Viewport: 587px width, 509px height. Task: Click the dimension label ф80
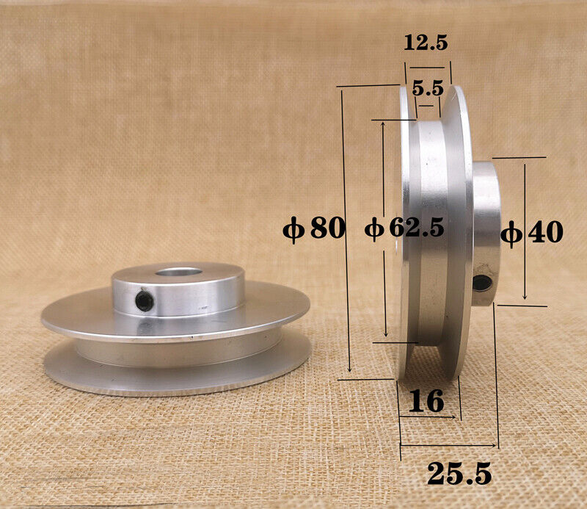click(314, 229)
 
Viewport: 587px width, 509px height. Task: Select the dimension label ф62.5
click(404, 229)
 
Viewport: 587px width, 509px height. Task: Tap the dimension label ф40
click(532, 234)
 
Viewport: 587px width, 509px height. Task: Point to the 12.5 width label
click(426, 43)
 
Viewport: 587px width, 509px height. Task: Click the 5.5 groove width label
click(427, 89)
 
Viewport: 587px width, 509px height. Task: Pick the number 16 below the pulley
click(426, 401)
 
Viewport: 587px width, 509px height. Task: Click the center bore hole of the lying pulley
click(179, 274)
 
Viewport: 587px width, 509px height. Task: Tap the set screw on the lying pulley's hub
click(145, 301)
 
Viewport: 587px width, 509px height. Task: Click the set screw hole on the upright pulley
click(481, 282)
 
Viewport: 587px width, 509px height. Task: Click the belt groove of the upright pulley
click(429, 235)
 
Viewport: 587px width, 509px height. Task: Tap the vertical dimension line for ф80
click(345, 294)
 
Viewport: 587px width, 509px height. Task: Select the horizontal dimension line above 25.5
click(449, 445)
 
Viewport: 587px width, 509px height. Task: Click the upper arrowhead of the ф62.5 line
click(383, 125)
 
